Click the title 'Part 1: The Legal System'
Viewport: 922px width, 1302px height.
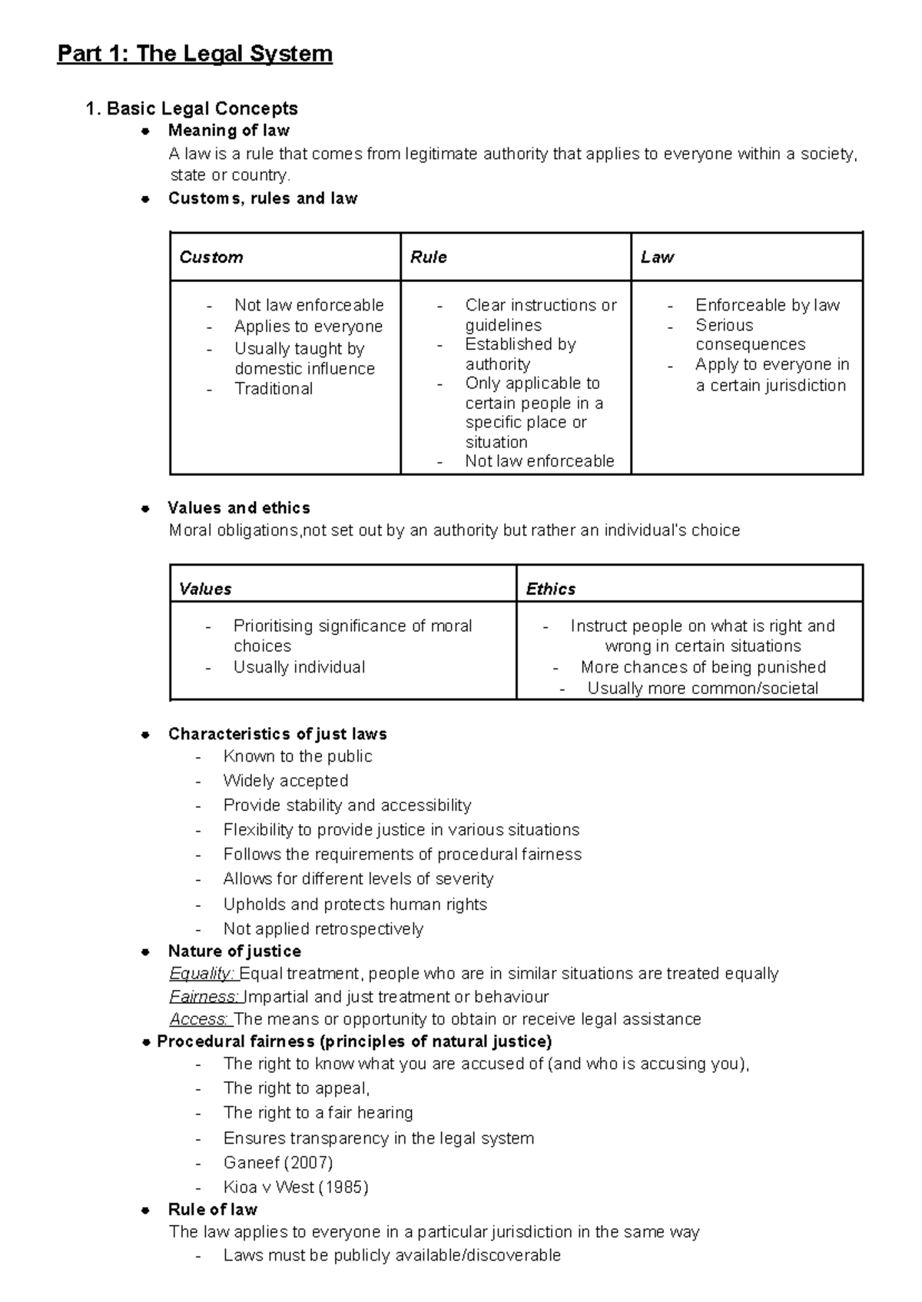pyautogui.click(x=194, y=54)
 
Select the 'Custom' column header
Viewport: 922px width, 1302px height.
pyautogui.click(x=211, y=257)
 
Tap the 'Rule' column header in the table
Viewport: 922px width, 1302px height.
pyautogui.click(x=428, y=257)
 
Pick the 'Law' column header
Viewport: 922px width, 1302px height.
pyautogui.click(x=657, y=257)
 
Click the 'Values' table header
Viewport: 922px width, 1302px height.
pyautogui.click(x=205, y=590)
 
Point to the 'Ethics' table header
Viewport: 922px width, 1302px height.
pyautogui.click(x=550, y=590)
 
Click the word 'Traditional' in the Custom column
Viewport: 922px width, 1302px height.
pyautogui.click(x=274, y=389)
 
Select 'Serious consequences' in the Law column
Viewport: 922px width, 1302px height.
pyautogui.click(x=750, y=335)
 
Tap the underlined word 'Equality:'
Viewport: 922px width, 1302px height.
pyautogui.click(x=203, y=974)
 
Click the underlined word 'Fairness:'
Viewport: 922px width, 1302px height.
pyautogui.click(x=204, y=997)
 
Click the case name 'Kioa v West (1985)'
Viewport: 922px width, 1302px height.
pyautogui.click(x=296, y=1187)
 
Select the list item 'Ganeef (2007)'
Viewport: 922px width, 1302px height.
pyautogui.click(x=278, y=1162)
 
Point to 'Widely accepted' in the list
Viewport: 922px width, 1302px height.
pyautogui.click(x=286, y=781)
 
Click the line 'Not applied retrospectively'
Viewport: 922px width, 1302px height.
pyautogui.click(x=323, y=929)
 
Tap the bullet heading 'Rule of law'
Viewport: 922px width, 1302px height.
pyautogui.click(x=213, y=1210)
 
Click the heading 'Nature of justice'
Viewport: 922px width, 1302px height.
pyautogui.click(x=234, y=952)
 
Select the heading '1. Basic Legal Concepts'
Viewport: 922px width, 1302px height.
pyautogui.click(x=192, y=108)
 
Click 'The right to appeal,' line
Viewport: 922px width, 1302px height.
pyautogui.click(x=297, y=1088)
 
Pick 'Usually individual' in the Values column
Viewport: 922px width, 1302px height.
pyautogui.click(x=299, y=667)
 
